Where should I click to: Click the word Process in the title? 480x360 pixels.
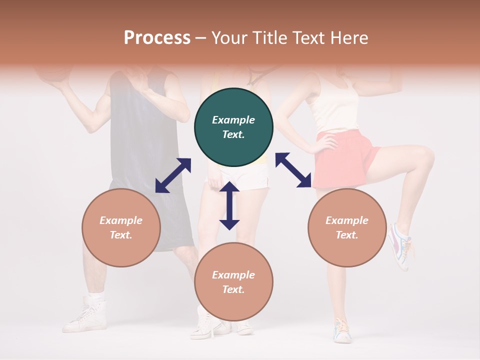157,38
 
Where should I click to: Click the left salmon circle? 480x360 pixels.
121,227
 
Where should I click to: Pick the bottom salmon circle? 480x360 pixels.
233,281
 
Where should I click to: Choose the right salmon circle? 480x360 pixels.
347,227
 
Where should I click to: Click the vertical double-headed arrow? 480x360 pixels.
229,205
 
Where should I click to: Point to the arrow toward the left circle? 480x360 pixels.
173,175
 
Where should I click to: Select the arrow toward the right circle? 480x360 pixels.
293,170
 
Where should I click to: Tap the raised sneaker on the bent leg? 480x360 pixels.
400,245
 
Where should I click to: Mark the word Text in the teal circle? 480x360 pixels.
233,134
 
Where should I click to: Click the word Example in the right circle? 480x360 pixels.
347,220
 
